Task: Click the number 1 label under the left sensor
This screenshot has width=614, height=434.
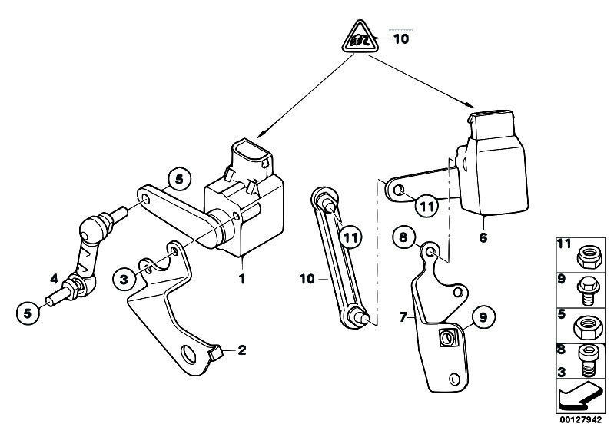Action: point(241,279)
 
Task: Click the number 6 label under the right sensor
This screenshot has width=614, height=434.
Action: point(483,238)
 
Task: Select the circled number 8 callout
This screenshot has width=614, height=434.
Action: point(401,237)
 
